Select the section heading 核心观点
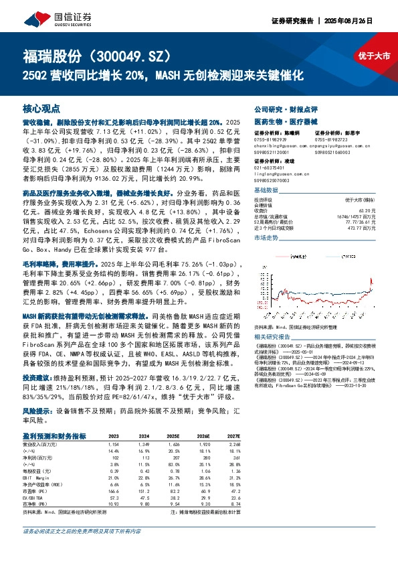pos(41,108)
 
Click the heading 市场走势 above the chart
pos(267,238)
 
